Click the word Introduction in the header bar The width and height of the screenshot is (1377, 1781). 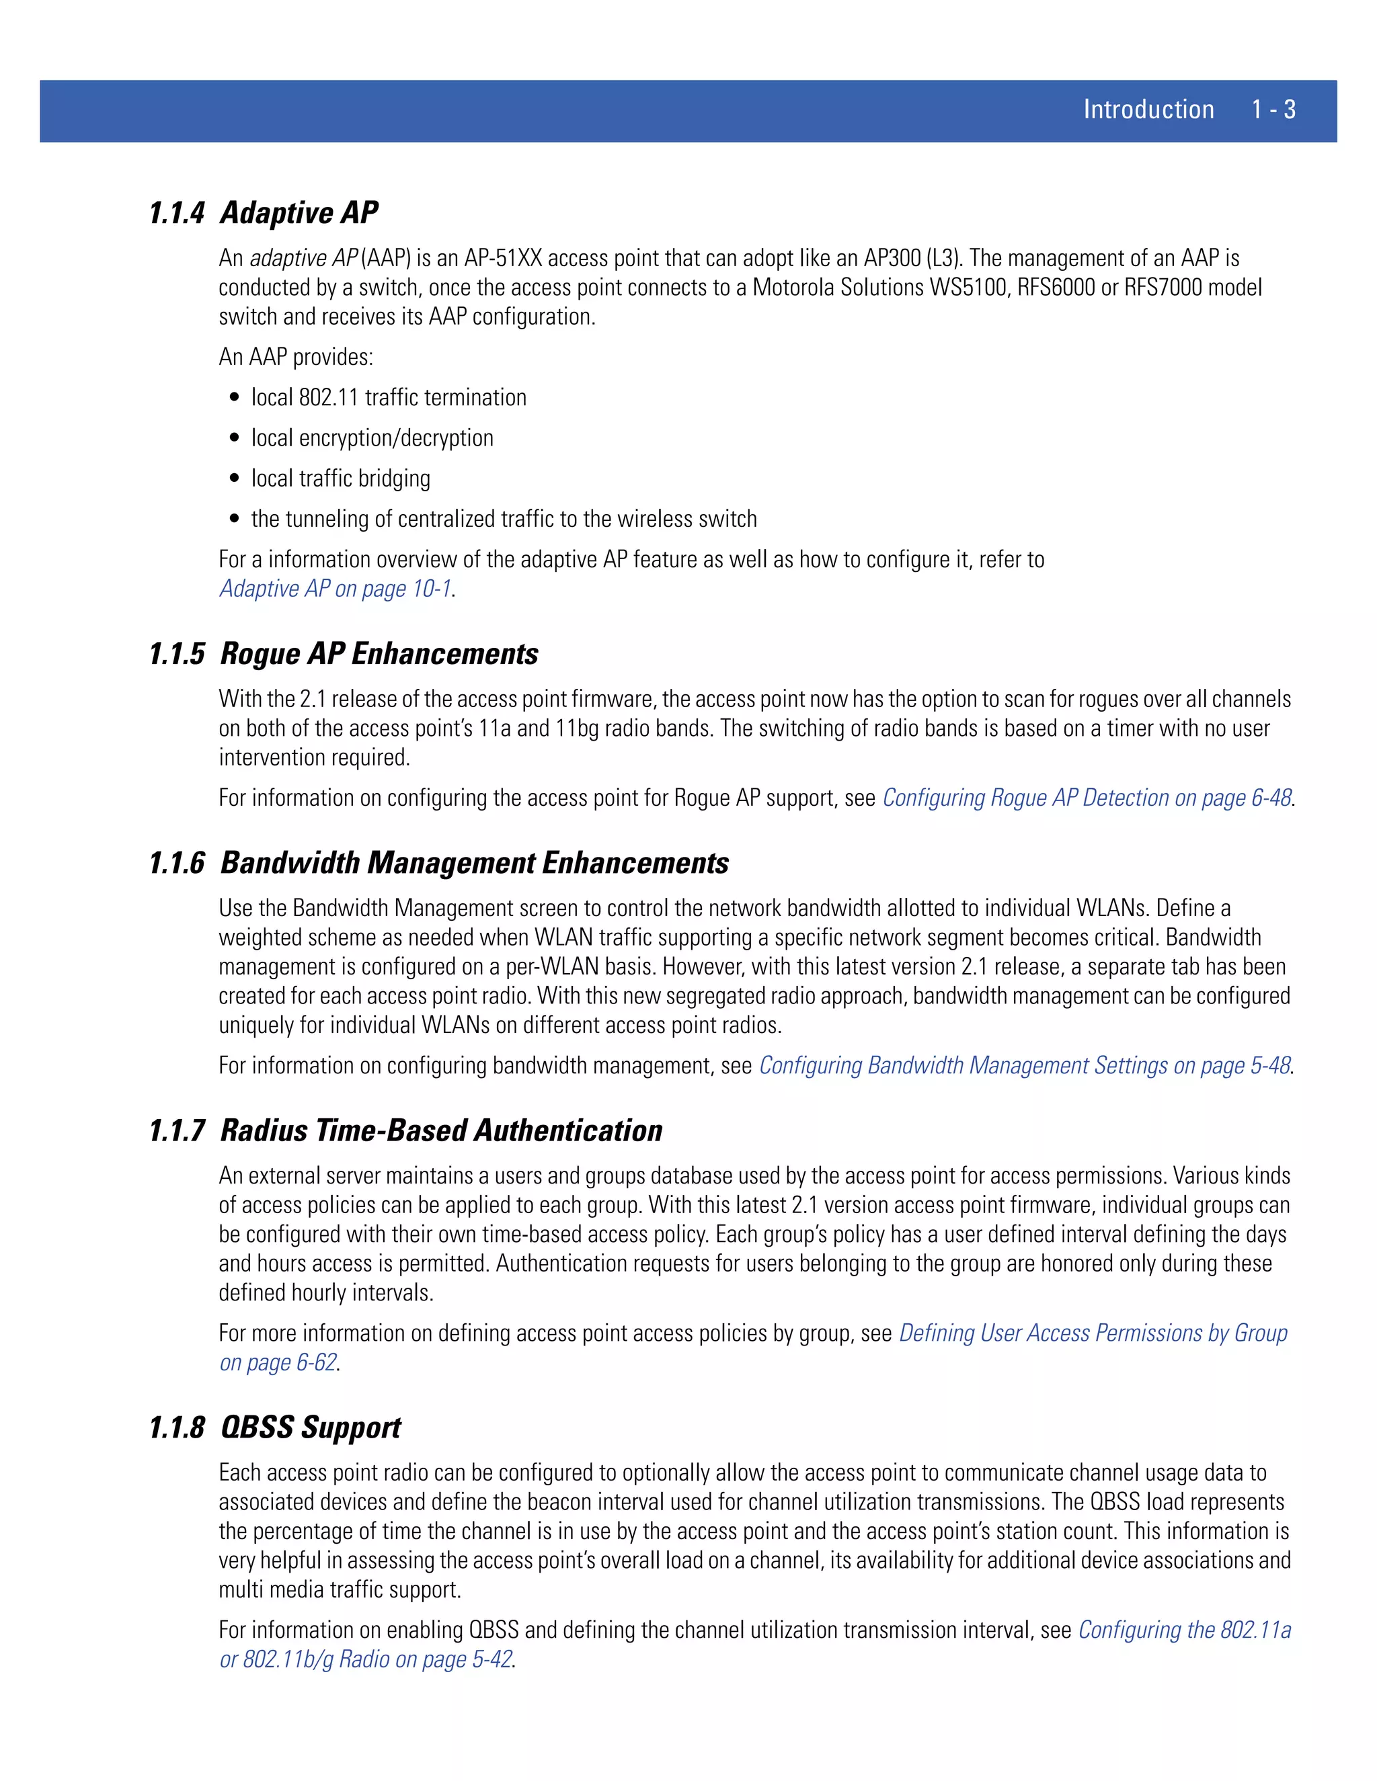click(x=1148, y=110)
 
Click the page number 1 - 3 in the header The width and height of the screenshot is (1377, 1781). click(x=1273, y=110)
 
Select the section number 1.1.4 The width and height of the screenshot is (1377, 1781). click(x=176, y=213)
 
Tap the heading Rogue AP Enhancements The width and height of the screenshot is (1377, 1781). click(x=379, y=654)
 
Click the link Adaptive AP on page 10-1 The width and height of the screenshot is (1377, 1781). click(x=336, y=589)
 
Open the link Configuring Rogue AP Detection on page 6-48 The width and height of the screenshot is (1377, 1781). click(x=1087, y=798)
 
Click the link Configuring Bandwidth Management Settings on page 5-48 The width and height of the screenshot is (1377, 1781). click(x=1025, y=1066)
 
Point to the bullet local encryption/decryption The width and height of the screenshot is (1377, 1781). click(x=372, y=438)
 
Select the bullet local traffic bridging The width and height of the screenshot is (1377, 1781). click(x=340, y=479)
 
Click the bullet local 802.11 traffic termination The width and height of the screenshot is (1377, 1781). click(x=389, y=398)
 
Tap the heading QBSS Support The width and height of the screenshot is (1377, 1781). click(x=310, y=1428)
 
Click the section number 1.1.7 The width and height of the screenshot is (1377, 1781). click(x=176, y=1131)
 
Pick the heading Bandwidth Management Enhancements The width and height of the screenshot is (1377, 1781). click(x=474, y=864)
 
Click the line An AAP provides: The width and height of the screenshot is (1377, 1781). click(x=295, y=357)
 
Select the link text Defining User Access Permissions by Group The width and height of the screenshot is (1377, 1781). click(x=1093, y=1333)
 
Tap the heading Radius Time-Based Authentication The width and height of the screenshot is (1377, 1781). click(x=440, y=1131)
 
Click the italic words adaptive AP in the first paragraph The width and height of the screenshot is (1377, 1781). click(x=303, y=259)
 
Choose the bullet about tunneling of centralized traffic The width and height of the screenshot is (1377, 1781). click(x=504, y=520)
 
